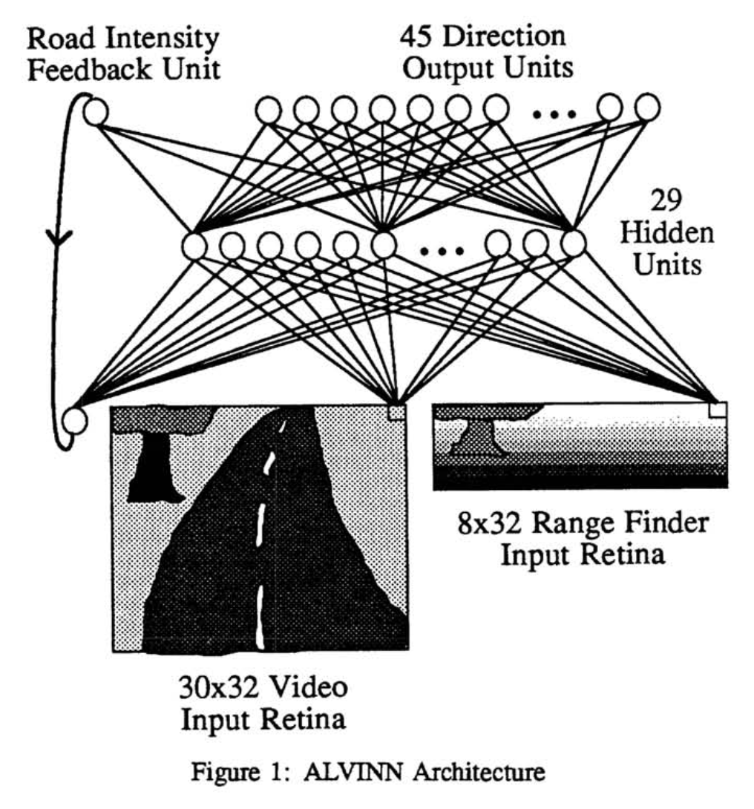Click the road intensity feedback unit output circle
(95, 113)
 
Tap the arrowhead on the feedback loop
(57, 238)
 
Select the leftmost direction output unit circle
(268, 111)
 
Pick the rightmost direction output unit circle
(647, 108)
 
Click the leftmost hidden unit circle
(194, 246)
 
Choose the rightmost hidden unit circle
(573, 243)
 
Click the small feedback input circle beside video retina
(74, 421)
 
